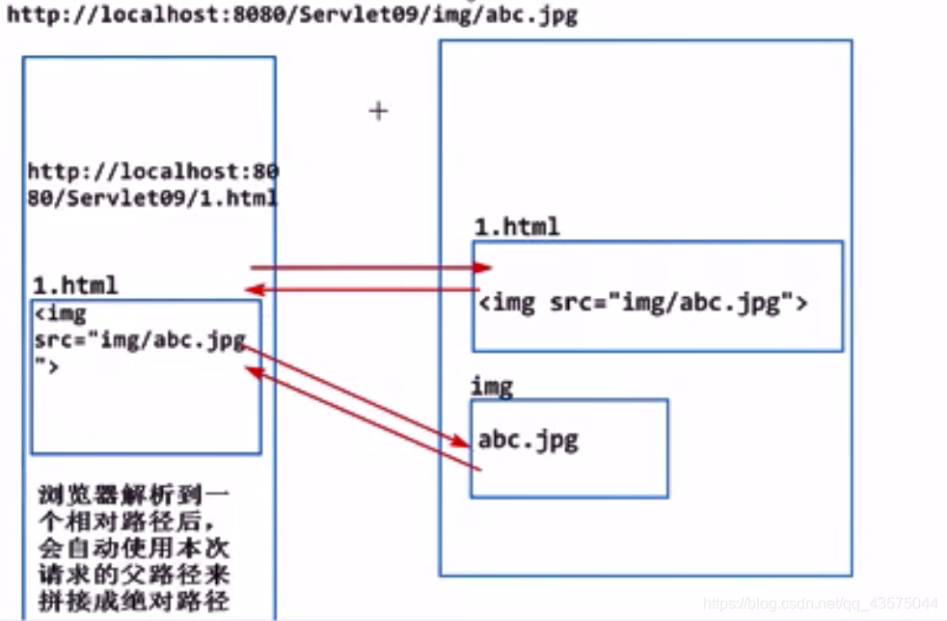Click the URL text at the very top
click(290, 14)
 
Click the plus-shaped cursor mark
click(378, 111)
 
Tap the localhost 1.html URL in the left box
click(152, 185)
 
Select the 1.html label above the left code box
click(75, 285)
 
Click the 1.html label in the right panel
click(516, 228)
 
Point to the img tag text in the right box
click(642, 303)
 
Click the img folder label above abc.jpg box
click(491, 387)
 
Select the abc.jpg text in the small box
click(528, 440)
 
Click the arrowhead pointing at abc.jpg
click(461, 442)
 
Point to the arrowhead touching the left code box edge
click(254, 372)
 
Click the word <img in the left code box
click(60, 313)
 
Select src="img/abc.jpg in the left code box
click(140, 340)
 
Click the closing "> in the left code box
click(47, 365)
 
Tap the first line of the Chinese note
click(134, 497)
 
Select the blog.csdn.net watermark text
click(821, 603)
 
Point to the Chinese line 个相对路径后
click(134, 525)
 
